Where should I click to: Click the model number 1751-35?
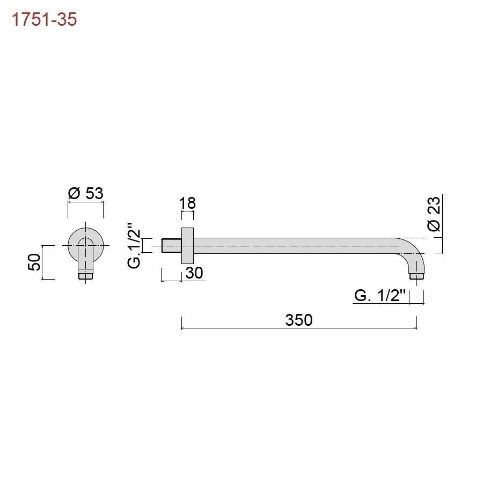[44, 19]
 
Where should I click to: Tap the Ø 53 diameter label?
[86, 193]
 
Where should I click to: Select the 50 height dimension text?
[34, 262]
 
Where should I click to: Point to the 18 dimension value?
[187, 203]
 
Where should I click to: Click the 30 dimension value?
[194, 273]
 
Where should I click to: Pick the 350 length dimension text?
[299, 320]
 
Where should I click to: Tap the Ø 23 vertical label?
[434, 214]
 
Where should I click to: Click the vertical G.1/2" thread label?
[134, 249]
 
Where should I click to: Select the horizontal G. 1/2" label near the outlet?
[380, 296]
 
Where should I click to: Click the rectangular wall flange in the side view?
[187, 246]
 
